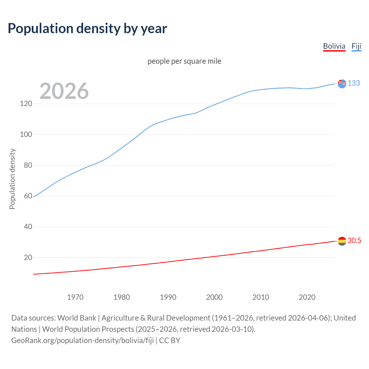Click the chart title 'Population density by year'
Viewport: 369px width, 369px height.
[x=87, y=29]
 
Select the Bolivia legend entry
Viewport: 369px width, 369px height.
[x=334, y=46]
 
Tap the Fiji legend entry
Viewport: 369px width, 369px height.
[x=356, y=46]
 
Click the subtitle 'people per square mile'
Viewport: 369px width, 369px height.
[x=184, y=61]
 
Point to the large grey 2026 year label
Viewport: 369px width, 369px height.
[x=64, y=91]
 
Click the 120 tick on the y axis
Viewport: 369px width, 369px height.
[x=26, y=103]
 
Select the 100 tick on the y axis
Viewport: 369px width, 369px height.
[x=26, y=134]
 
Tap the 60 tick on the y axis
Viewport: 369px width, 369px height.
[x=28, y=196]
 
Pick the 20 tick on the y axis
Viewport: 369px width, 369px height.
[x=28, y=257]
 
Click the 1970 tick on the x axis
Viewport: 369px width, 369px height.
[x=75, y=297]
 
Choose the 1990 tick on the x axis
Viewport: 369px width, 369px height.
[x=168, y=297]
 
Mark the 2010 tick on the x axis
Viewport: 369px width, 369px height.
[x=261, y=297]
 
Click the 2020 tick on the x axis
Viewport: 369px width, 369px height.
[x=307, y=297]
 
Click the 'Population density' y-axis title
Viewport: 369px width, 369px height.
[x=12, y=179]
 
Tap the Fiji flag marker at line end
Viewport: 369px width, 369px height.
[x=342, y=84]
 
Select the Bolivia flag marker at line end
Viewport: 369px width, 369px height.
[x=342, y=241]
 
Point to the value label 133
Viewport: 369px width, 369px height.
[x=354, y=83]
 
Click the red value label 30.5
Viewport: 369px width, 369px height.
[x=354, y=241]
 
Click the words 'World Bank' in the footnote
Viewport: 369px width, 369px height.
[x=77, y=318]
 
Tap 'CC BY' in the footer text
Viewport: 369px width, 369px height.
[x=170, y=340]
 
